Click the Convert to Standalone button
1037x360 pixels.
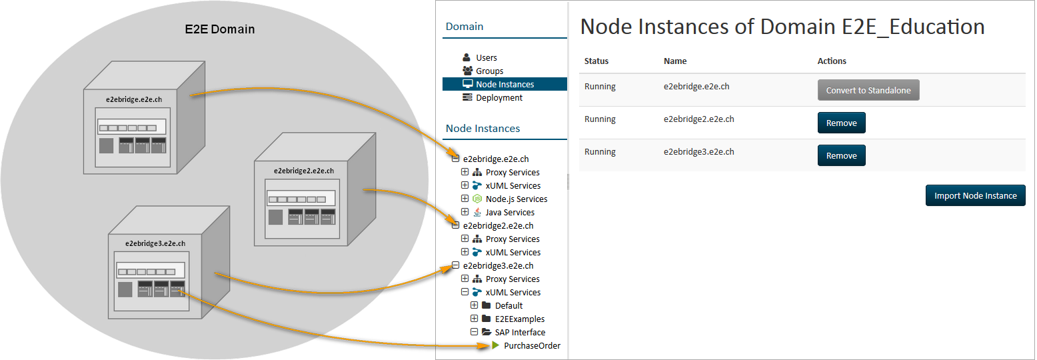pyautogui.click(x=868, y=90)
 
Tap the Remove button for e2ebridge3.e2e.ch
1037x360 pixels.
pyautogui.click(x=841, y=155)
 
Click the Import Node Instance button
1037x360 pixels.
pyautogui.click(x=975, y=195)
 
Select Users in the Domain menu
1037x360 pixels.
pyautogui.click(x=487, y=58)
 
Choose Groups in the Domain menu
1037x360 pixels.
pyautogui.click(x=489, y=71)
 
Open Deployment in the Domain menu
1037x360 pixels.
pyautogui.click(x=499, y=98)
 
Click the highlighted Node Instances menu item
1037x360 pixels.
pyautogui.click(x=505, y=85)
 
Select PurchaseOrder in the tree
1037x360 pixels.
pyautogui.click(x=532, y=346)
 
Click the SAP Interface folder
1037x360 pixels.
pyautogui.click(x=520, y=333)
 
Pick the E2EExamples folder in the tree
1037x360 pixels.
pyautogui.click(x=519, y=319)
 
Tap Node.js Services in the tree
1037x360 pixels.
pyautogui.click(x=517, y=199)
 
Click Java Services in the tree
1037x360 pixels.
pyautogui.click(x=510, y=213)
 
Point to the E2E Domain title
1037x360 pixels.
pyautogui.click(x=219, y=29)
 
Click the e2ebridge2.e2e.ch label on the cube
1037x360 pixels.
pyautogui.click(x=303, y=171)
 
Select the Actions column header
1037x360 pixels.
pyautogui.click(x=832, y=61)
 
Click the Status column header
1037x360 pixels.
pyautogui.click(x=596, y=61)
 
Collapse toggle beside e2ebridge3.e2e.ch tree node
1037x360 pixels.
pyautogui.click(x=456, y=265)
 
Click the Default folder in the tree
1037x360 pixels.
pyautogui.click(x=509, y=306)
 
